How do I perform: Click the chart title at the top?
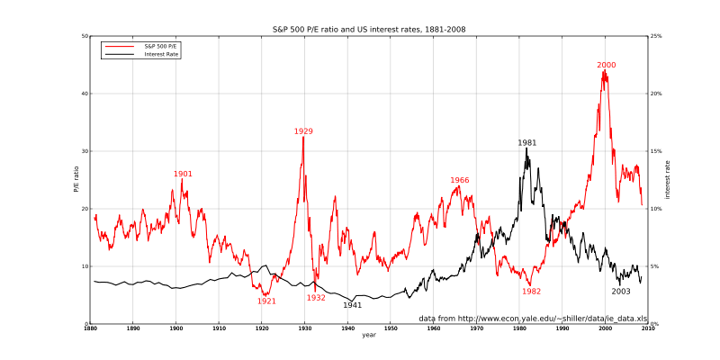pos(369,29)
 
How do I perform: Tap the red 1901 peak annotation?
pos(183,174)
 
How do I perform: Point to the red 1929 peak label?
pos(303,131)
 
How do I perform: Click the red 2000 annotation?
pos(606,65)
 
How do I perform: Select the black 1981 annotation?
pos(526,142)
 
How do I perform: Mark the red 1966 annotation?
pos(460,180)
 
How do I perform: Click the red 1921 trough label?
pos(266,301)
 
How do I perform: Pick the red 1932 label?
pos(316,297)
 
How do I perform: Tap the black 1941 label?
pos(352,305)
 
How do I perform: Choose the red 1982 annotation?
pos(531,291)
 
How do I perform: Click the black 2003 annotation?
pos(621,291)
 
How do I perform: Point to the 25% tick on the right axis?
pos(657,36)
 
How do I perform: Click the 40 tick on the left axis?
pos(85,94)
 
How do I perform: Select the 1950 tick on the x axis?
pos(391,329)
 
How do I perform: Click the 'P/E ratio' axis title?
pos(76,180)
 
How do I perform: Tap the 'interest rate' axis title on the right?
pos(668,180)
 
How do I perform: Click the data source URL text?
pos(533,319)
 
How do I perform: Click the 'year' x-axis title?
pos(369,336)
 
